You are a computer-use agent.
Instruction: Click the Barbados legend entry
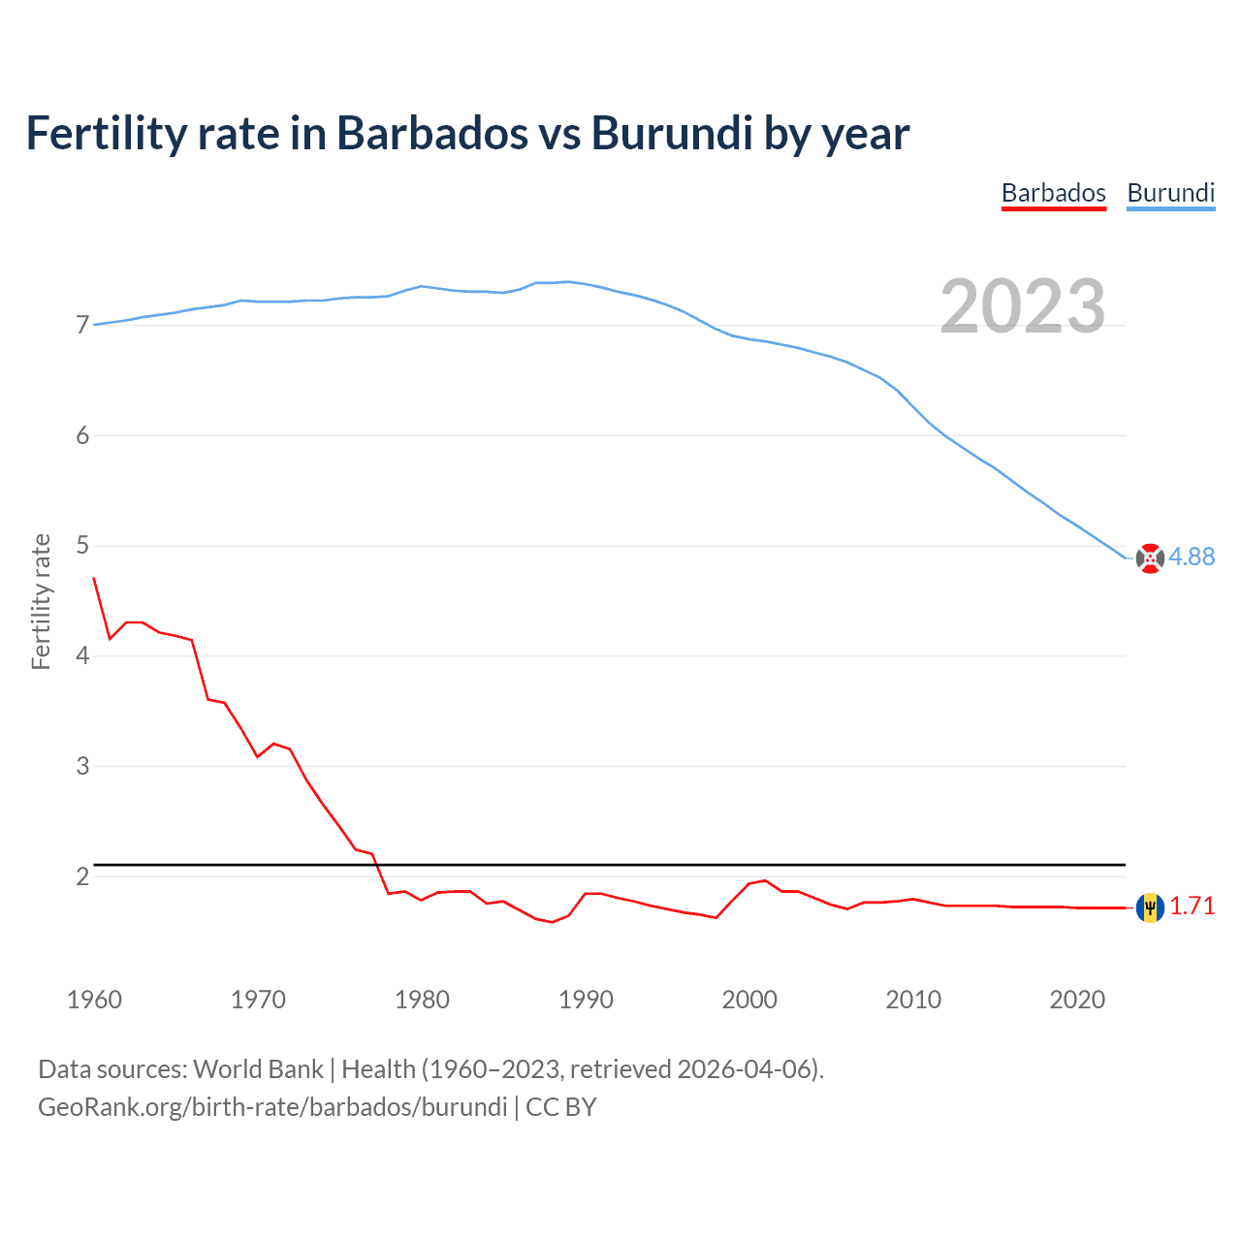click(1053, 193)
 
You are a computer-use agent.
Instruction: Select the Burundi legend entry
click(1170, 193)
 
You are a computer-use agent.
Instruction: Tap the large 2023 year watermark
click(1022, 306)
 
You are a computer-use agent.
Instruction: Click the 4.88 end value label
click(1192, 557)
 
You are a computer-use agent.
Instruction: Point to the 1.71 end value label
click(1192, 906)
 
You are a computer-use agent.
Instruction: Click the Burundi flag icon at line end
click(1150, 558)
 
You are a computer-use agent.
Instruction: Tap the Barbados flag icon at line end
click(1150, 907)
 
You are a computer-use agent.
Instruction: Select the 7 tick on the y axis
click(82, 325)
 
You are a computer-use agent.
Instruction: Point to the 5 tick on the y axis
click(82, 545)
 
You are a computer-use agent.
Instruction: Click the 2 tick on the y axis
click(82, 876)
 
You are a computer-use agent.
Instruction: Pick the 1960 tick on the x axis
click(94, 1000)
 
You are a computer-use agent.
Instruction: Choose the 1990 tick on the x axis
click(586, 1000)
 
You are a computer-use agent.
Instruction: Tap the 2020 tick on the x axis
click(1077, 1000)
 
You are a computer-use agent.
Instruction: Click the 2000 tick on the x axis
click(749, 1000)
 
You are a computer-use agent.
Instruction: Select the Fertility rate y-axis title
click(41, 601)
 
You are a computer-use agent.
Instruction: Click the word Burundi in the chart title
click(672, 133)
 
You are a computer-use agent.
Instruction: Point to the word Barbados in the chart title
click(432, 133)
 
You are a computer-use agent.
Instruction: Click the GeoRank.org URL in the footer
click(272, 1107)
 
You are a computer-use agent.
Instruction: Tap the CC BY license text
click(561, 1107)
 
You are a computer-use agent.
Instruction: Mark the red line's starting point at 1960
click(94, 578)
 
